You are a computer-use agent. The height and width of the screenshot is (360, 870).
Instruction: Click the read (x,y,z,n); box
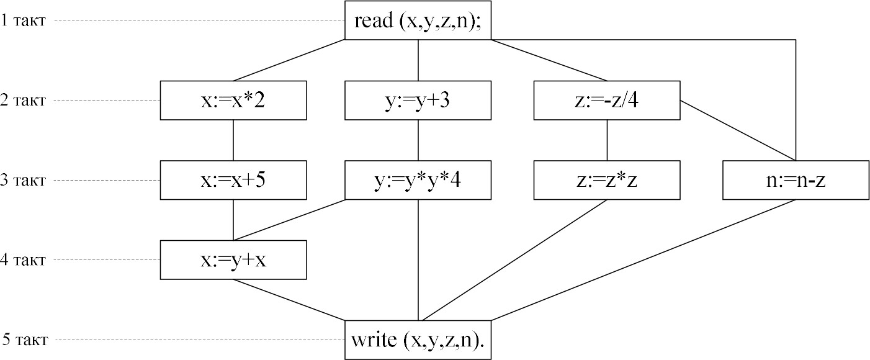coord(418,20)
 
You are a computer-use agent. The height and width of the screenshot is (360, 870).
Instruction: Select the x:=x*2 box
coord(233,100)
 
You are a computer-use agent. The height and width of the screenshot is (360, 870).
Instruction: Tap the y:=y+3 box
coord(418,100)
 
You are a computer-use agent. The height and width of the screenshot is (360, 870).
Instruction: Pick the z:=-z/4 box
coord(607,100)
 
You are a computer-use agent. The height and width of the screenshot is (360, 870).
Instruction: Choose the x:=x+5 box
coord(233,180)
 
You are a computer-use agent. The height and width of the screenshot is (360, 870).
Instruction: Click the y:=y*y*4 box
coord(418,180)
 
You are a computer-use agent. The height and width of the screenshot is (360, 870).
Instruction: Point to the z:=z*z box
coord(607,180)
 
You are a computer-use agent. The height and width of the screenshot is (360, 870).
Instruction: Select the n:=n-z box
coord(796,180)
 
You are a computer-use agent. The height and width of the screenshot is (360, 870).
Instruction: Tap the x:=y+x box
coord(233,259)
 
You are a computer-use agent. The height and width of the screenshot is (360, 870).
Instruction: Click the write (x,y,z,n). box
coord(418,340)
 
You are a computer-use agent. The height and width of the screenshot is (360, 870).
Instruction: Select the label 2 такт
coord(23,101)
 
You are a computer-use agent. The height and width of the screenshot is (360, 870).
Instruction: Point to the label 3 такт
coord(23,181)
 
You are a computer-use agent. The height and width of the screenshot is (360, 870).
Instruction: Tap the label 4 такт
coord(23,260)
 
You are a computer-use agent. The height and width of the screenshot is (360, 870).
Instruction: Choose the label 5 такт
coord(25,340)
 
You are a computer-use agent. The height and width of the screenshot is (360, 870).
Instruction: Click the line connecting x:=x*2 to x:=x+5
coord(233,140)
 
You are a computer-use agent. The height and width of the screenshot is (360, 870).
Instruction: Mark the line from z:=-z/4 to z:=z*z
coord(607,140)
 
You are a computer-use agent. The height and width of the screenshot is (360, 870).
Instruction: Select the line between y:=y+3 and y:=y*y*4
coord(418,140)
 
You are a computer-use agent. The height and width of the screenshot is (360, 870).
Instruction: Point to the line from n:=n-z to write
coord(644,259)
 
